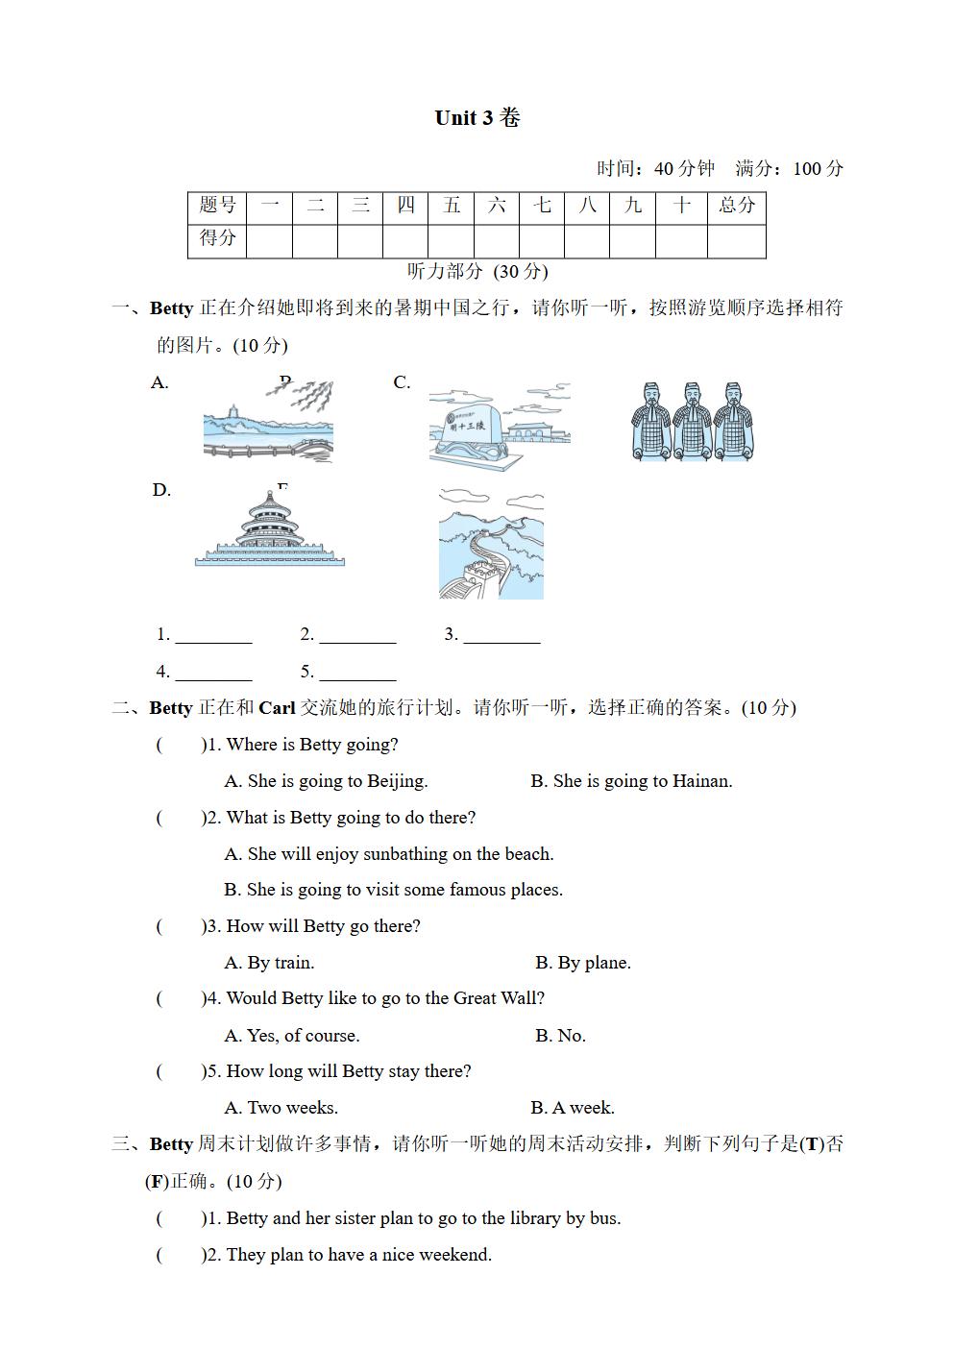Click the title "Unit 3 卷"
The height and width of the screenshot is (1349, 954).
point(477,118)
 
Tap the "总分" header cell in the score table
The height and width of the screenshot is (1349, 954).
point(736,206)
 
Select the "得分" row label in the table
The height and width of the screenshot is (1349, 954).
point(217,239)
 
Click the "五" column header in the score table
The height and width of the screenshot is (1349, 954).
point(451,206)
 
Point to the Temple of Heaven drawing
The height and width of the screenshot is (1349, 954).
point(269,529)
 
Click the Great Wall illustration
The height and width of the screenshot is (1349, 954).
point(491,544)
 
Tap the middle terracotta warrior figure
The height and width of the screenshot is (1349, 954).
point(692,421)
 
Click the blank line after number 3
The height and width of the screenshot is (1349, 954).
point(501,636)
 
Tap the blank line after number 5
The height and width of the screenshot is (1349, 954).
point(357,674)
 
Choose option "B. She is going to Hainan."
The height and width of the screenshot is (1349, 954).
point(631,781)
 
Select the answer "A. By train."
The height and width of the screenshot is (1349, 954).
point(269,963)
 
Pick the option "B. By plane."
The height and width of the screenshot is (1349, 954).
point(582,963)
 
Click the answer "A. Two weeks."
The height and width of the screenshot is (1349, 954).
point(281,1108)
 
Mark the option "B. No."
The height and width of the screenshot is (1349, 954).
point(560,1036)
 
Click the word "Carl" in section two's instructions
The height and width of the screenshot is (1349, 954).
point(277,708)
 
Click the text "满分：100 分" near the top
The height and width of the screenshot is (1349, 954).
point(789,169)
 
